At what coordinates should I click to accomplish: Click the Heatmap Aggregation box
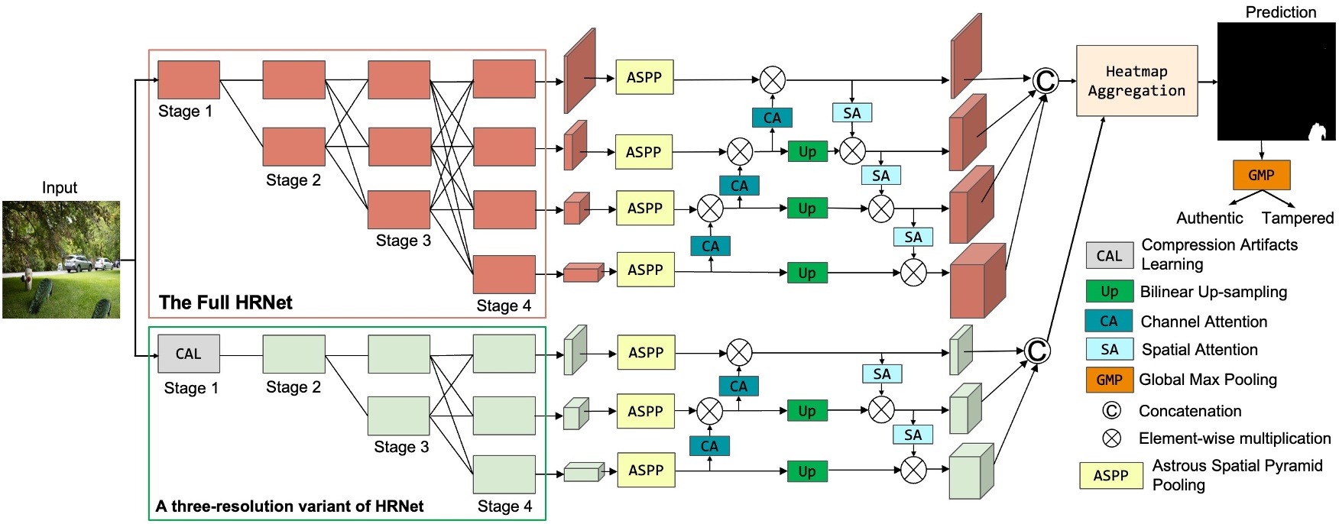tap(1136, 81)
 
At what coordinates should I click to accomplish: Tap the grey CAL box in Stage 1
tap(189, 354)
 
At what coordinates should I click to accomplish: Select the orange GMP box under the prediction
tap(1261, 175)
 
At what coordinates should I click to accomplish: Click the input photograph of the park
tap(61, 260)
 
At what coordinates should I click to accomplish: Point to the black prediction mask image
tap(1276, 81)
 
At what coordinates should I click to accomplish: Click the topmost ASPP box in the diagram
tap(644, 77)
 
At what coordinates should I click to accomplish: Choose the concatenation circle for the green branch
tap(1036, 351)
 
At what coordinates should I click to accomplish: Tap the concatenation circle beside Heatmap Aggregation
tap(1045, 79)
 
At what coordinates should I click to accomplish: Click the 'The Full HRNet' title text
tap(225, 302)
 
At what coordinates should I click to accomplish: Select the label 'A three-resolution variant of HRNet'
tap(290, 506)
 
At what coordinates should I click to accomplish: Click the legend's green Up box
tap(1109, 292)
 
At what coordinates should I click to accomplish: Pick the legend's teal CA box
tap(1108, 321)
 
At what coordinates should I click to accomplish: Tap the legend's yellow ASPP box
tap(1110, 475)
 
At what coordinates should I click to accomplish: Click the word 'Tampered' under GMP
tap(1297, 218)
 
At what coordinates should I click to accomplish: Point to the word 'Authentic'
tap(1209, 218)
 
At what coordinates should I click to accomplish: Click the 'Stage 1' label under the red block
tap(185, 112)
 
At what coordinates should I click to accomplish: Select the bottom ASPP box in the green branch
tap(646, 471)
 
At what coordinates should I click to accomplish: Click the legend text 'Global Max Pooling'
tap(1208, 380)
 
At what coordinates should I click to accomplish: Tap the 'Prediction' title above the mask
tap(1280, 12)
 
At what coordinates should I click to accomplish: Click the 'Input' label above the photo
tap(60, 188)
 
